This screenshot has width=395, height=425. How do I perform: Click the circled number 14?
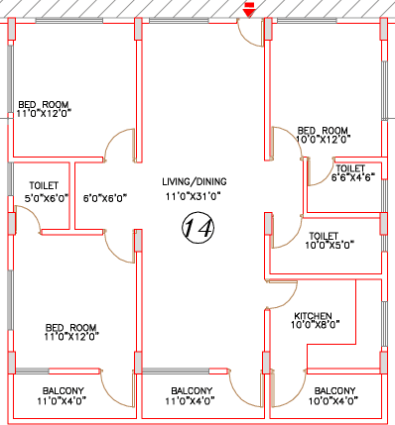click(198, 228)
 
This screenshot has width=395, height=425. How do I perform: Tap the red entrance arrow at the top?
click(249, 10)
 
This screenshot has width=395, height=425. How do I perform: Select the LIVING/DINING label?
click(195, 181)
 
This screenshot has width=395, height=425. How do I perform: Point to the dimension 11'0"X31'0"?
click(194, 196)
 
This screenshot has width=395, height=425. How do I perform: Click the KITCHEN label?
click(313, 316)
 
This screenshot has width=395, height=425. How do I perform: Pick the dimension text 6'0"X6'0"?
click(105, 198)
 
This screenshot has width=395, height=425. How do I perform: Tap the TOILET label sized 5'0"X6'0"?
click(44, 185)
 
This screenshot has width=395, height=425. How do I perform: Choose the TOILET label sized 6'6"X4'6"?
click(350, 168)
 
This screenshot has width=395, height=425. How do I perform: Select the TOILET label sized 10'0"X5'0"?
click(324, 236)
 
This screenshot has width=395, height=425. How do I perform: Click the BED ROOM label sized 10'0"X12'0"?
click(323, 131)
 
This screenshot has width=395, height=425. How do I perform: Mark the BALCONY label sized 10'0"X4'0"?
click(334, 391)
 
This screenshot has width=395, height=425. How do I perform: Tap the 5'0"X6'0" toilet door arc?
click(34, 213)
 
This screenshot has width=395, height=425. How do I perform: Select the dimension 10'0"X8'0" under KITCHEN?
click(316, 325)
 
